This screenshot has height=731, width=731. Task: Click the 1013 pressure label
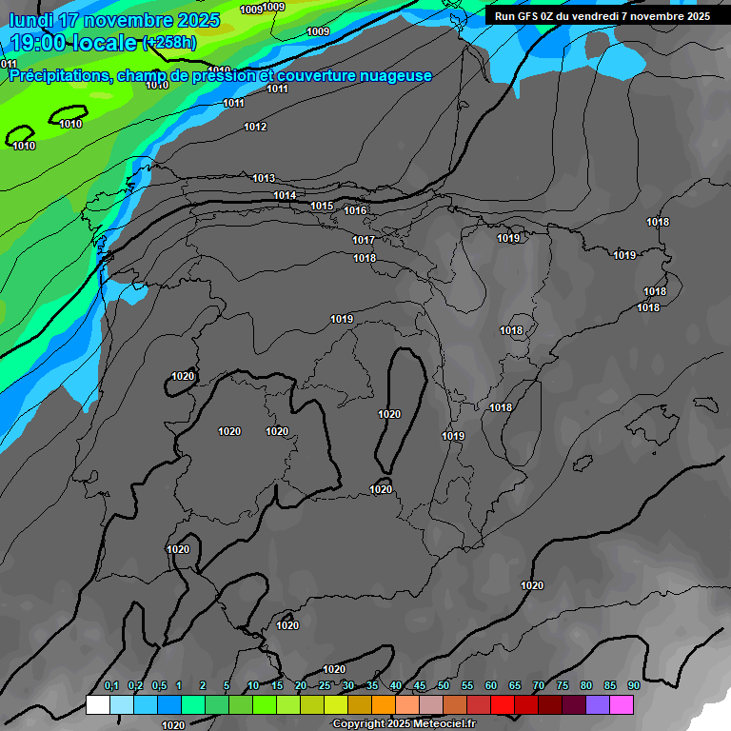(264, 178)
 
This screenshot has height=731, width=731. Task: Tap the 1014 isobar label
(285, 195)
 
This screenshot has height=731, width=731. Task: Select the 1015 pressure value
(322, 206)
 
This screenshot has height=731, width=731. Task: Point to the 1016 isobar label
(355, 210)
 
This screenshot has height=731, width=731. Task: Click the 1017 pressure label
(364, 240)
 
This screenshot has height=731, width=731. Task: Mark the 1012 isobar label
(255, 127)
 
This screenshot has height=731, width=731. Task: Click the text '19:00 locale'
(72, 42)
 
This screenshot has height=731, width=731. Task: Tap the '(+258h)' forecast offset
(169, 43)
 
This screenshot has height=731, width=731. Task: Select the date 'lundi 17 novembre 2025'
(114, 20)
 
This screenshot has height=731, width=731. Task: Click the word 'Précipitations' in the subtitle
(58, 76)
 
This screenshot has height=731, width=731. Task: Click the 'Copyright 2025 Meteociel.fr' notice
(404, 723)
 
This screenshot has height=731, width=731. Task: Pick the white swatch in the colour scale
(97, 704)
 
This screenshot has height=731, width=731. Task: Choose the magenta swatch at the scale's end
(622, 704)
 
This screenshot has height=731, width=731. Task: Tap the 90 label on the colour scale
(634, 685)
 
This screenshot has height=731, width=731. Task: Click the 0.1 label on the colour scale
(111, 685)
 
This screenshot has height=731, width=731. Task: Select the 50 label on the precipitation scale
(444, 685)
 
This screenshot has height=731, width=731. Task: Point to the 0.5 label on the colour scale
(159, 685)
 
